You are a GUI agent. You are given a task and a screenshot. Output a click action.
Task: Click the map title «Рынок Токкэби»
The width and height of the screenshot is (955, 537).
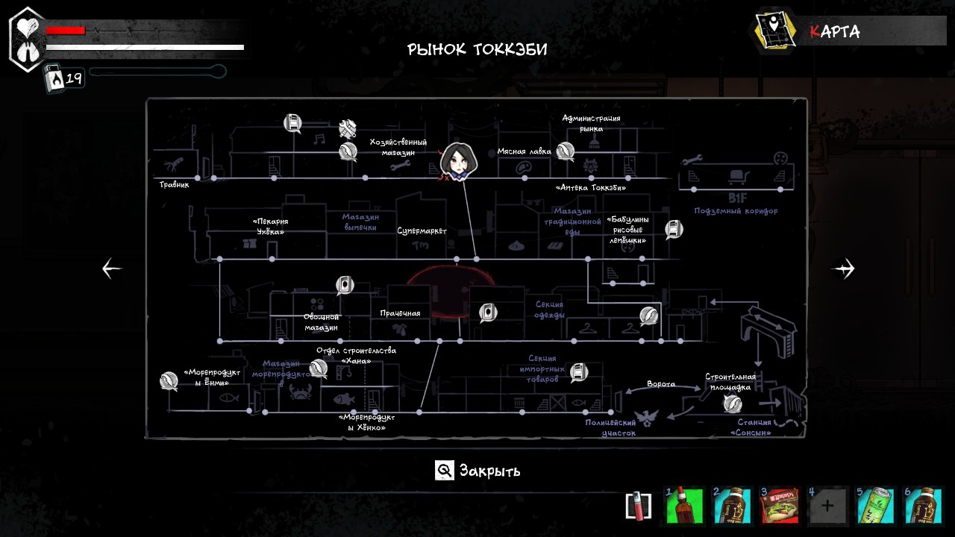coord(477,50)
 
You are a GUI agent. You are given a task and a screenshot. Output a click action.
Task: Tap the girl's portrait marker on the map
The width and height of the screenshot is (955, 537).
coord(456,161)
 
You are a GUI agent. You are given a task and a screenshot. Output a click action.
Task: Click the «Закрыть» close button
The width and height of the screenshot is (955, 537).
coord(478,471)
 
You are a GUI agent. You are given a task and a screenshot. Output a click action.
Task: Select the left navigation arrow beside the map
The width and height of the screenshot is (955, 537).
coord(112,268)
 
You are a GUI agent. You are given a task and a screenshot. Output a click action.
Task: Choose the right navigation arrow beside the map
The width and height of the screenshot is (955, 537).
coord(844,268)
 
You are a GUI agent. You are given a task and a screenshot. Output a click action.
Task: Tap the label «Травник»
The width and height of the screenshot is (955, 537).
coord(174,184)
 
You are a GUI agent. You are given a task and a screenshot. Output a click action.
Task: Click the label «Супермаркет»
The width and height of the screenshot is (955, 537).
coord(422,231)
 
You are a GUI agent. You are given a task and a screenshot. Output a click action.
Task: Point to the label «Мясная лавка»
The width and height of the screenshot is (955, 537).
coord(524,151)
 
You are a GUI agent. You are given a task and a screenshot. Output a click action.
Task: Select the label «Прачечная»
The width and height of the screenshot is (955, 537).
coord(400,313)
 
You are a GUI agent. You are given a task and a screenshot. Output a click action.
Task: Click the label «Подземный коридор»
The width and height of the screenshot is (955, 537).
coord(736,211)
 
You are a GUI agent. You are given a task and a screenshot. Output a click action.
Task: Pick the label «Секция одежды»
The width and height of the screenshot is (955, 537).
coord(549,310)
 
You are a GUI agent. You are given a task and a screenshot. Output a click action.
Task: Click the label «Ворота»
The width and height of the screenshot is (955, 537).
coord(661,384)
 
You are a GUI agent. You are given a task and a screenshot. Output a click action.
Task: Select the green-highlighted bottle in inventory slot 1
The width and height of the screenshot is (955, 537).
coord(684,506)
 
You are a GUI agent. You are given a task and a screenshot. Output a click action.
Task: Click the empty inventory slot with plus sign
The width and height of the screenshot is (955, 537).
coord(827,506)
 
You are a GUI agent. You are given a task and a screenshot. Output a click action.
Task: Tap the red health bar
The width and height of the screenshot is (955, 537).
coord(66,31)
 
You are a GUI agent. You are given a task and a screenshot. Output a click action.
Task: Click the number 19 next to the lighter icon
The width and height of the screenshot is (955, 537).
coord(74,78)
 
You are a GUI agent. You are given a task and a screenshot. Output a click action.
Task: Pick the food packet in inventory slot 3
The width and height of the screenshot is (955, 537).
coord(780,506)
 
